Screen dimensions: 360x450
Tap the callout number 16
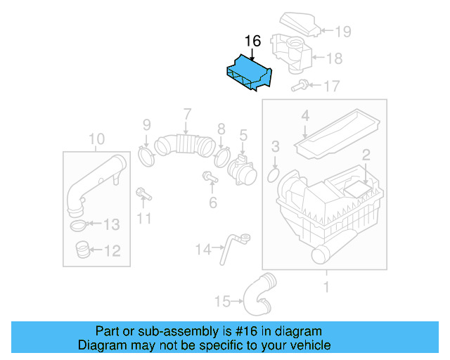pyautogui.click(x=252, y=41)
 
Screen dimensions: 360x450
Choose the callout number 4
pyautogui.click(x=305, y=115)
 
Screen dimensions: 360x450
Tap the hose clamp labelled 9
pyautogui.click(x=146, y=155)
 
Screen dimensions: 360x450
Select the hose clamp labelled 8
pyautogui.click(x=223, y=153)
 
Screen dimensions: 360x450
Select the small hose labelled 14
pyautogui.click(x=232, y=247)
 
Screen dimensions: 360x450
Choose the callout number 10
pyautogui.click(x=97, y=139)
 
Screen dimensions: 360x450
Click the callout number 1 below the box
pyautogui.click(x=326, y=286)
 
